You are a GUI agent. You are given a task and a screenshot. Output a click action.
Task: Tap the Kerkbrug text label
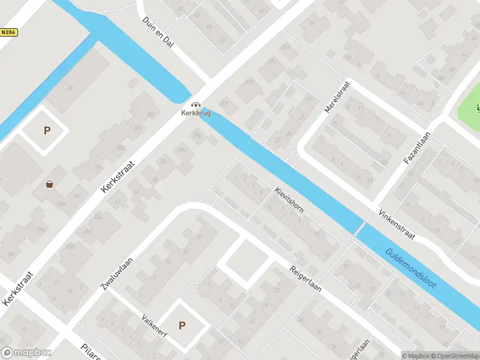pos(196,112)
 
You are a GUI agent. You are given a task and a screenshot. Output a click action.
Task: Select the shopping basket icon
pos(49,184)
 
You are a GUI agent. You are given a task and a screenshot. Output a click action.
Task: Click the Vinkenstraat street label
pos(397,225)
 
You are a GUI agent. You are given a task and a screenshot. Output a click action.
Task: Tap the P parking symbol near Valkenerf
pos(182,326)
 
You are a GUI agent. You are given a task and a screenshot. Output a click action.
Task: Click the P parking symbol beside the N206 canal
pos(46,130)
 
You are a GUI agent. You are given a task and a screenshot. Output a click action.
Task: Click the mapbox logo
pos(26,353)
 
